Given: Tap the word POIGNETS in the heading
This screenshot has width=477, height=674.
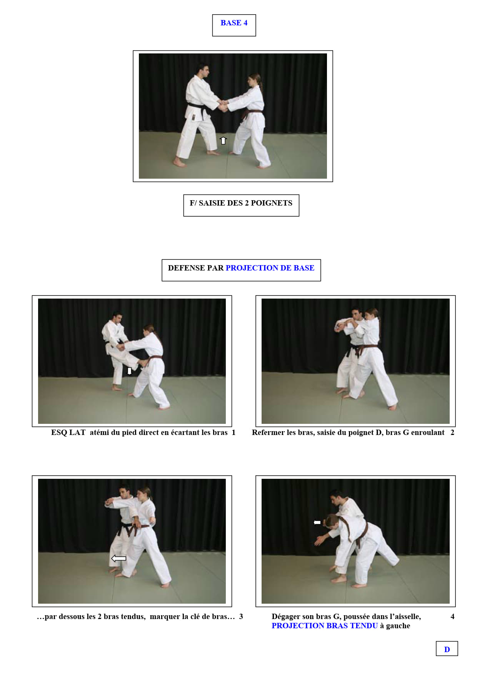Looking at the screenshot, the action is pos(272,203).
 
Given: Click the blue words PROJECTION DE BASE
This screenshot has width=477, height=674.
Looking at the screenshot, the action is pos(270,268).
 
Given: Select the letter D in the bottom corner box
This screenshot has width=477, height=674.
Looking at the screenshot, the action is pos(447,649).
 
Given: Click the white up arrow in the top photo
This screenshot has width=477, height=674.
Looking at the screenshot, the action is pos(223,140).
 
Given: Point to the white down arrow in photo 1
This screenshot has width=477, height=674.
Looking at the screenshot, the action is pos(130,371).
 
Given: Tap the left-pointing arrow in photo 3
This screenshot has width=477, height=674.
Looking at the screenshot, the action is pos(118,558).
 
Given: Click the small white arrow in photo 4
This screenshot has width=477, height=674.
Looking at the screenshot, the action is pos(317,522).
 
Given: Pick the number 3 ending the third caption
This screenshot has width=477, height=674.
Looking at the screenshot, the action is pos(241,616).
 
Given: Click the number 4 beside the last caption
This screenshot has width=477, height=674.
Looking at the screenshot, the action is pos(452,616).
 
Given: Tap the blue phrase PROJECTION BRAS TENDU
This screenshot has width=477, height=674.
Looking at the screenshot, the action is pos(325,626).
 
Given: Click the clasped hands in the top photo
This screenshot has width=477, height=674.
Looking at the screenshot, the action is pos(223,106).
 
